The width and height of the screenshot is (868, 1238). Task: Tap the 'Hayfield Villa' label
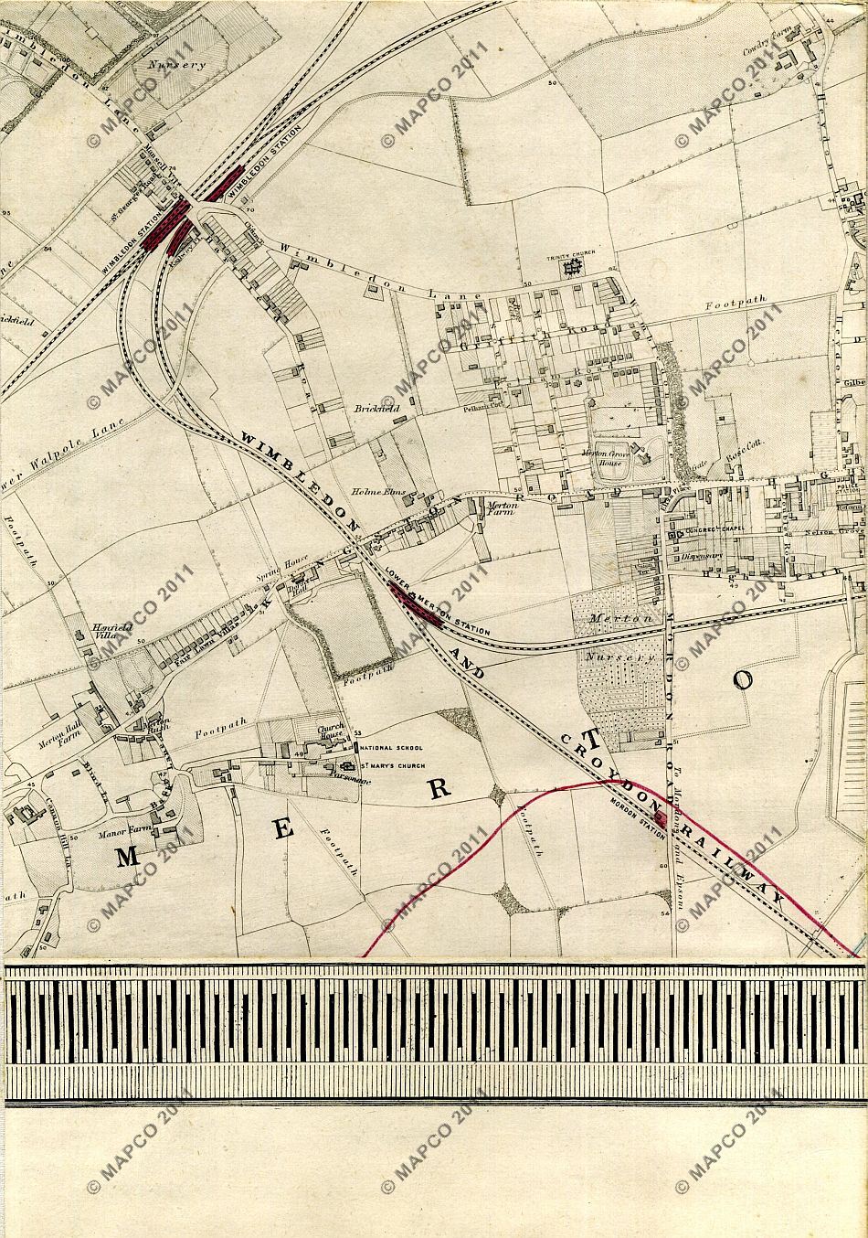tap(102, 632)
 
